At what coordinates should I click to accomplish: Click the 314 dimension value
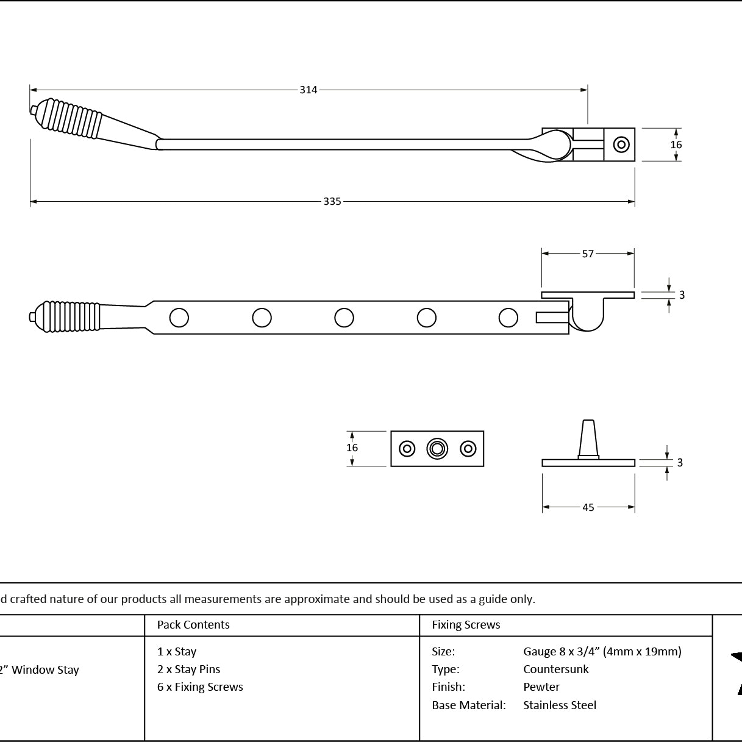[309, 90]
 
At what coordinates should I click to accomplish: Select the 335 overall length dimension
[332, 201]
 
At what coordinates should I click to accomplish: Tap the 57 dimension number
[588, 254]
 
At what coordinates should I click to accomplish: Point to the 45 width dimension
[588, 507]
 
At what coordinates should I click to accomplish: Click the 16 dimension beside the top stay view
[676, 144]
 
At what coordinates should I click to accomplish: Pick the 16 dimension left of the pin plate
[352, 448]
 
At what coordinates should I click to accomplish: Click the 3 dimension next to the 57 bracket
[682, 295]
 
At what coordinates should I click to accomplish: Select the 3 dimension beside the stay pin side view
[680, 462]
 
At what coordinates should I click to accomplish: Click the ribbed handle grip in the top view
[71, 120]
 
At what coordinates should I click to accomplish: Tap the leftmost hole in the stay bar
[179, 318]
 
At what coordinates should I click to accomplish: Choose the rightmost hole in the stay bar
[508, 318]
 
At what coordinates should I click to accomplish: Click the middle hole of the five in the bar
[344, 318]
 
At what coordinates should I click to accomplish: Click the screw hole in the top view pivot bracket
[621, 144]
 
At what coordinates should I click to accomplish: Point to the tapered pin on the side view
[588, 440]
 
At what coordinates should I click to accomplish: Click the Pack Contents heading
[193, 624]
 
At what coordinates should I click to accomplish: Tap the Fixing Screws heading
[466, 624]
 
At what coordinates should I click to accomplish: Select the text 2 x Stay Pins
[188, 669]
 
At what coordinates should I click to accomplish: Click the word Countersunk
[555, 669]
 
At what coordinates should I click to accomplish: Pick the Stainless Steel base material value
[560, 705]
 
